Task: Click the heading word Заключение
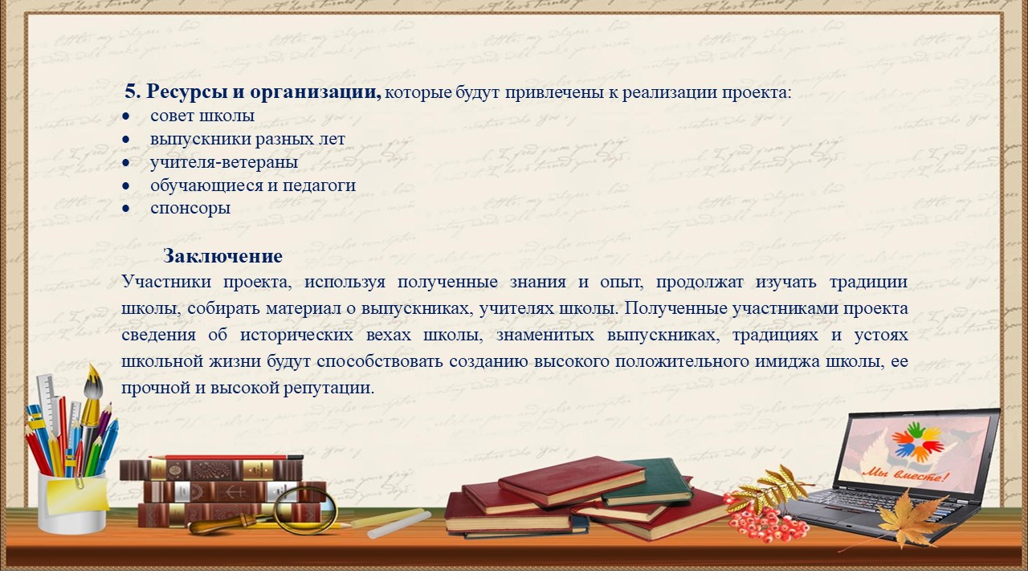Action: pos(222,256)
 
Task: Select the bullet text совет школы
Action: pos(202,116)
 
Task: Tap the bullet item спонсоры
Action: pos(190,209)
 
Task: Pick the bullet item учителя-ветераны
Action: pos(224,162)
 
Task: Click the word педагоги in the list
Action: pos(319,185)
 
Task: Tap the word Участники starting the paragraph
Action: pos(166,281)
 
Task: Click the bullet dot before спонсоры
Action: pos(126,209)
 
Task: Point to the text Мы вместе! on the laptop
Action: pos(904,474)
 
